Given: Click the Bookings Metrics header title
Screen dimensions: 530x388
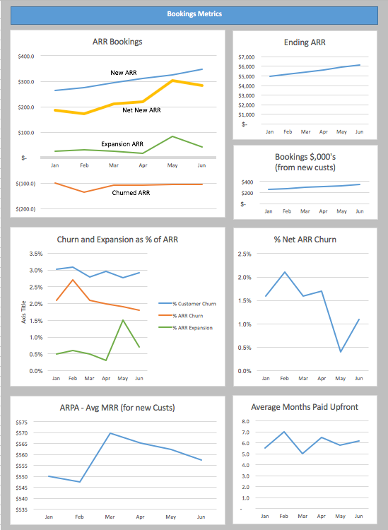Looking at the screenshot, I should pos(194,13).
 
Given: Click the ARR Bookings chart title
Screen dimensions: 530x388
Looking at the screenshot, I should pos(117,42).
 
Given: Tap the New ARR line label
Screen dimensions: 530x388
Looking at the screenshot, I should pos(124,73).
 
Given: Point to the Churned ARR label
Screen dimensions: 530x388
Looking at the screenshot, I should pos(131,192).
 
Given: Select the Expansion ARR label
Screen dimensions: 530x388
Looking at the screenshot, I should pos(122,144).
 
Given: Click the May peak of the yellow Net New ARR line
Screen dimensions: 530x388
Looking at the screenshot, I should pos(173,81).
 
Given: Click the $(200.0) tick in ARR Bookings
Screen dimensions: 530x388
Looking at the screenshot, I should pos(25,209).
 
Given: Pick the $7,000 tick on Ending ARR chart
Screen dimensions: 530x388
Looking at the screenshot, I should pos(246,57).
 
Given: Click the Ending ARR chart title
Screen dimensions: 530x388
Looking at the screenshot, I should pos(305,42).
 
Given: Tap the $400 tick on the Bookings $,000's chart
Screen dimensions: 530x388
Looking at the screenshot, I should pos(247,182).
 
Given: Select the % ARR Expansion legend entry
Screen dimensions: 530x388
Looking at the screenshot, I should pos(192,328).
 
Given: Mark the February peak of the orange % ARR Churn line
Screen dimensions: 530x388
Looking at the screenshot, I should pos(73,280).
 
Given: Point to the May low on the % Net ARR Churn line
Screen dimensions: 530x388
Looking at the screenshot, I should pos(341,351).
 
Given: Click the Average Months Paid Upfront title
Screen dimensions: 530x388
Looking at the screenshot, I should pos(305,407).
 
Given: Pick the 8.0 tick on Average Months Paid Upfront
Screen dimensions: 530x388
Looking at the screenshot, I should pos(247,421).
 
